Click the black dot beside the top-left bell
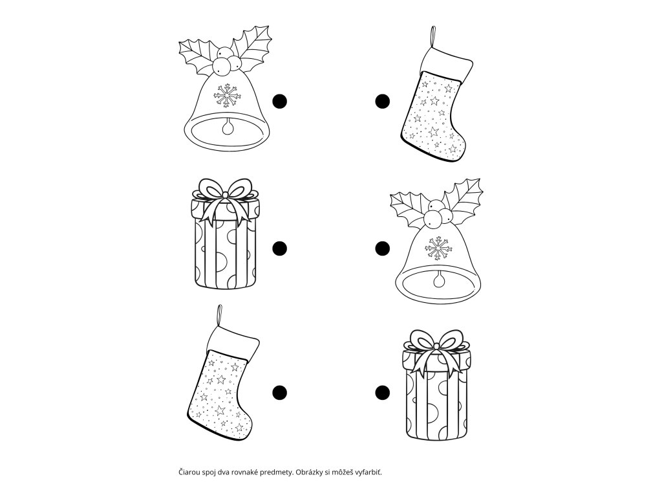pos(279,102)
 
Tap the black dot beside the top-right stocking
pos(383,102)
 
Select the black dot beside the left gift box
pos(279,248)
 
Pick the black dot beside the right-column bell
pos(383,248)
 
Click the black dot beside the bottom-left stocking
pos(279,393)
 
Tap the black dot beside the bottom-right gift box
pos(383,393)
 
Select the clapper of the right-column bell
pos(439,280)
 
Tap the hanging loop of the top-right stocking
pos(432,37)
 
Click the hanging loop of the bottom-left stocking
pos(219,315)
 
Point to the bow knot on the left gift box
pos(226,195)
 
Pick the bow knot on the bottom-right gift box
pos(437,347)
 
